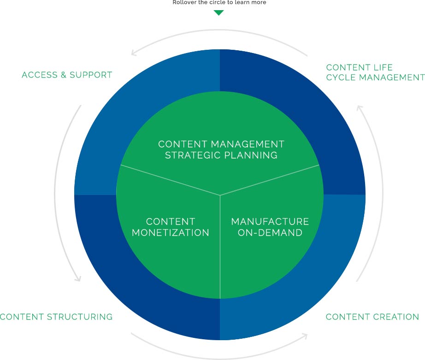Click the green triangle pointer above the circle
[219, 12]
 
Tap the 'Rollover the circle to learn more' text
[219, 2]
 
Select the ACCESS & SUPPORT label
[67, 75]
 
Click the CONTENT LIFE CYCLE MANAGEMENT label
[375, 72]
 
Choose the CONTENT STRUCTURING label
[56, 317]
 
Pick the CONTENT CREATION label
[372, 317]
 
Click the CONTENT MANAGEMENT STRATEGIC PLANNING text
[221, 150]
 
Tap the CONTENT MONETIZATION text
[171, 227]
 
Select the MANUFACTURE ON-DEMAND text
[270, 227]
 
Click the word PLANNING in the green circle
[251, 155]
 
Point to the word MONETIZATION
[171, 233]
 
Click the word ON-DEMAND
[270, 233]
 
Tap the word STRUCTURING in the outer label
[80, 317]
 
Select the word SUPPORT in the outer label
[91, 75]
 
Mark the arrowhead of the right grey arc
[360, 107]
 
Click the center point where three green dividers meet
[220, 195]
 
